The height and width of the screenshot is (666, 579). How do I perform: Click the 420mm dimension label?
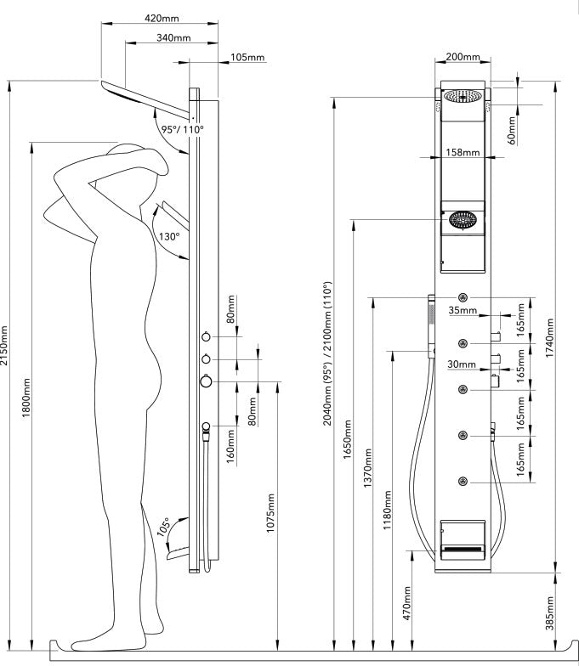point(162,18)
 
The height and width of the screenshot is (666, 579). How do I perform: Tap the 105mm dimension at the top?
point(247,57)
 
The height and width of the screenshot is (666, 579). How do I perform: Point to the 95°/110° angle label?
point(183,129)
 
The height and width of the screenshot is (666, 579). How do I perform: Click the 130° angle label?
point(168,236)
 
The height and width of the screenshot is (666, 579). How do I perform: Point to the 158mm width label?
point(463,153)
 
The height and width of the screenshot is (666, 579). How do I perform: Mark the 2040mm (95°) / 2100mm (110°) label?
point(326,366)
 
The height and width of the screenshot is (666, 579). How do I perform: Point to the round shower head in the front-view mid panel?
point(463,220)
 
